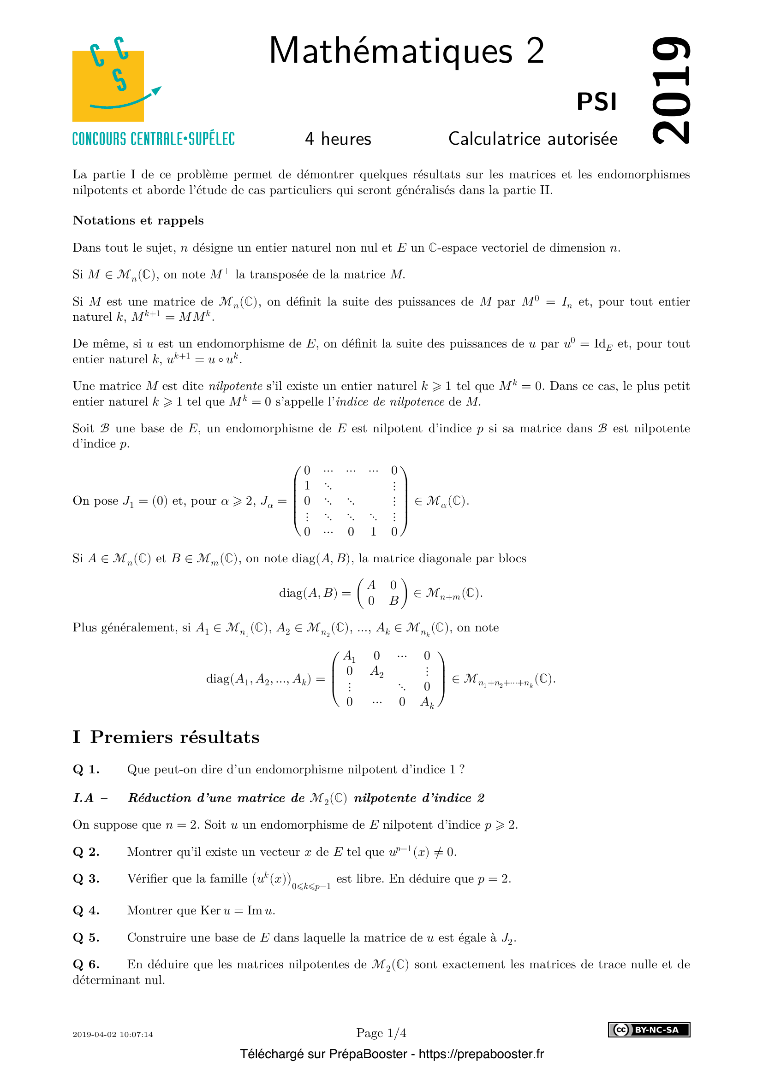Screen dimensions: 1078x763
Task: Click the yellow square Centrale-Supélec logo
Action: click(x=108, y=85)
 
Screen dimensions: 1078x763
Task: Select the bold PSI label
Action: click(x=596, y=102)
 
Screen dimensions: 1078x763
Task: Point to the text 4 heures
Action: click(x=338, y=139)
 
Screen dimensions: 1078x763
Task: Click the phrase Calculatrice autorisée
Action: click(x=533, y=139)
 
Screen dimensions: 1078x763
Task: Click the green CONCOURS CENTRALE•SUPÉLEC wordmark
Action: click(x=154, y=139)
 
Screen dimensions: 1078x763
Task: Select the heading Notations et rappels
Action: click(x=138, y=221)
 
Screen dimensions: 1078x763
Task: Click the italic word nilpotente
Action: click(x=235, y=386)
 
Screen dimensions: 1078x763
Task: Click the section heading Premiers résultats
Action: click(x=174, y=737)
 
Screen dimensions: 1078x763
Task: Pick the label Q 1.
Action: click(x=86, y=770)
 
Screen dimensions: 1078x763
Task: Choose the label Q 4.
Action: click(x=86, y=910)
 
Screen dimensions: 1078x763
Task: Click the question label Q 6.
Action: click(x=86, y=964)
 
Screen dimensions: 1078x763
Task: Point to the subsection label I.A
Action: click(x=83, y=798)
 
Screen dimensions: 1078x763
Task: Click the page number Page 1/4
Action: click(x=381, y=1033)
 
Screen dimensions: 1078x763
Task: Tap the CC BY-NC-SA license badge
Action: click(x=649, y=1030)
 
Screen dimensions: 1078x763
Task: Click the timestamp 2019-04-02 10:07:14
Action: click(x=113, y=1034)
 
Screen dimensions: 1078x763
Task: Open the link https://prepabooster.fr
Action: click(x=481, y=1054)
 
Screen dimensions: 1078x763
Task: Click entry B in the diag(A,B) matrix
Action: click(x=393, y=601)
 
